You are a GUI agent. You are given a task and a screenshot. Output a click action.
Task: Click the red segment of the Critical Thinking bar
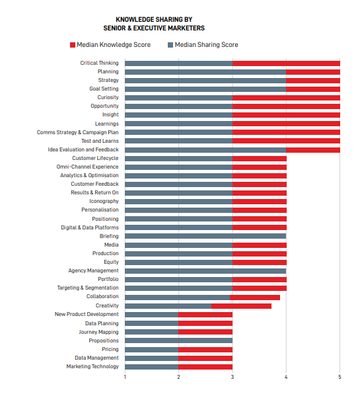[x=286, y=63]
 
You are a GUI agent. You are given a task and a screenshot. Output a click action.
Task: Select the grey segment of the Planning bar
[x=205, y=72]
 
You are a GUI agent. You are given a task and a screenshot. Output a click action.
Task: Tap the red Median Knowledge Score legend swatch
[x=73, y=45]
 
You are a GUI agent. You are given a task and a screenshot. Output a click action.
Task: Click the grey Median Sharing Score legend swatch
[x=170, y=45]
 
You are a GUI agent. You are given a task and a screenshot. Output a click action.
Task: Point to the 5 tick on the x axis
[x=340, y=378]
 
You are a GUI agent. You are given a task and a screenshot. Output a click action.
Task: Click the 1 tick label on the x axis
[x=125, y=378]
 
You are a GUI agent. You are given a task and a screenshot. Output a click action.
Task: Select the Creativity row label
[x=107, y=305]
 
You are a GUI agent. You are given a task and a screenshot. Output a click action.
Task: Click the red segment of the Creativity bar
[x=241, y=306]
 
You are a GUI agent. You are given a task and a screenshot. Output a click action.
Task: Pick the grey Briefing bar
[x=205, y=236]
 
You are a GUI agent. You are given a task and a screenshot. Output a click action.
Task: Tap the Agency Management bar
[x=205, y=271]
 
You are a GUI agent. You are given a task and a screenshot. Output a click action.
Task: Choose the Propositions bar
[x=178, y=340]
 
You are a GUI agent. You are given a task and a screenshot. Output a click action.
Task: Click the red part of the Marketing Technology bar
[x=205, y=367]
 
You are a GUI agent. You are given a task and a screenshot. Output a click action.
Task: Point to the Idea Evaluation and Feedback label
[x=83, y=150]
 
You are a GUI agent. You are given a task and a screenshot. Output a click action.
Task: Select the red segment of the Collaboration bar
[x=255, y=298]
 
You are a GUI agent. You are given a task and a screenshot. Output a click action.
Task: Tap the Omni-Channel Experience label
[x=87, y=167]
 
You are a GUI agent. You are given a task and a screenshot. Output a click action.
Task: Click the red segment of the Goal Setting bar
[x=313, y=89]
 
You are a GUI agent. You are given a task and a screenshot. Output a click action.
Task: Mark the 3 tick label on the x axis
[x=233, y=378]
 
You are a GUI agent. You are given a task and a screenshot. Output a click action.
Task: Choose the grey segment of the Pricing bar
[x=152, y=350]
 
